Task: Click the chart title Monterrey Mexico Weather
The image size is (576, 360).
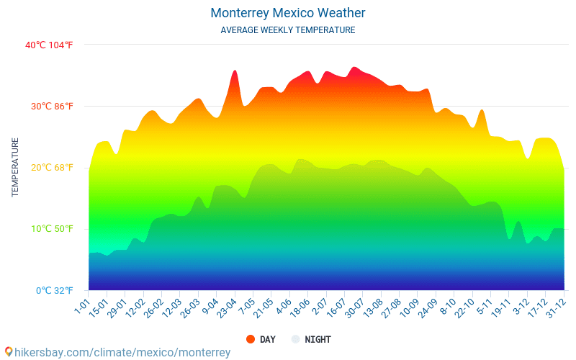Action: pyautogui.click(x=288, y=13)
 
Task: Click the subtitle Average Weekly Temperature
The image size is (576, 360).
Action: pyautogui.click(x=288, y=30)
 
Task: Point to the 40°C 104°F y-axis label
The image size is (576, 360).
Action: pyautogui.click(x=49, y=45)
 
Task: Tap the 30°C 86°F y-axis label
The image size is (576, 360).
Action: pyautogui.click(x=52, y=107)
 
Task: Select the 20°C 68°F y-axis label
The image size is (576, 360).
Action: pyautogui.click(x=52, y=168)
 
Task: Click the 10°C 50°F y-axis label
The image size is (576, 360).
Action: pyautogui.click(x=52, y=229)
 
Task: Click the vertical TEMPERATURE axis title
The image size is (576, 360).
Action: pyautogui.click(x=15, y=168)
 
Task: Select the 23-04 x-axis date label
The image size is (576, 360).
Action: pyautogui.click(x=226, y=307)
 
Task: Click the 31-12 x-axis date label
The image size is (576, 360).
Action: pyautogui.click(x=556, y=307)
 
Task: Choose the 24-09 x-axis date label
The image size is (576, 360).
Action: pyautogui.click(x=428, y=307)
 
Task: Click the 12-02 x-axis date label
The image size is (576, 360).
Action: pyautogui.click(x=135, y=307)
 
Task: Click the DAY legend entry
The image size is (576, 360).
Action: pyautogui.click(x=267, y=339)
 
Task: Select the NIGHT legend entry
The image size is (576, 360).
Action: pyautogui.click(x=318, y=339)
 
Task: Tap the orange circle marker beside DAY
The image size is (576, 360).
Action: pyautogui.click(x=251, y=339)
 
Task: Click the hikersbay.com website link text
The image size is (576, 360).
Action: pyautogui.click(x=122, y=352)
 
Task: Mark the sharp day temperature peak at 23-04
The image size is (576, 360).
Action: pyautogui.click(x=235, y=71)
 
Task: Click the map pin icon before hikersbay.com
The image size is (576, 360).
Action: pyautogui.click(x=9, y=351)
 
